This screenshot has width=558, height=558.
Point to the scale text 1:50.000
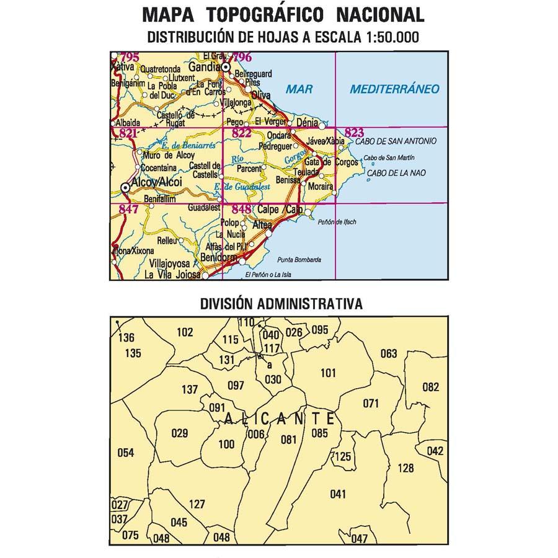(388, 37)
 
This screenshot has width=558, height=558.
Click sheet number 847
(128, 210)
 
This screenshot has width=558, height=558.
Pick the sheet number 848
(241, 210)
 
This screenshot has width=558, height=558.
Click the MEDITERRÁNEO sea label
(394, 89)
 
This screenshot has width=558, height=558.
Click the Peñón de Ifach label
(337, 222)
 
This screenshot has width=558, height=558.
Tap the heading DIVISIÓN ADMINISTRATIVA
(281, 304)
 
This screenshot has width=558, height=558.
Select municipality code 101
(328, 373)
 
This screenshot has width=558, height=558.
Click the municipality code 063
(388, 354)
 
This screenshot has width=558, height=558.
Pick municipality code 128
(405, 468)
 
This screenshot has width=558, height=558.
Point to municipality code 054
(125, 453)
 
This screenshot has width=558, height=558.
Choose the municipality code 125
(342, 457)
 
